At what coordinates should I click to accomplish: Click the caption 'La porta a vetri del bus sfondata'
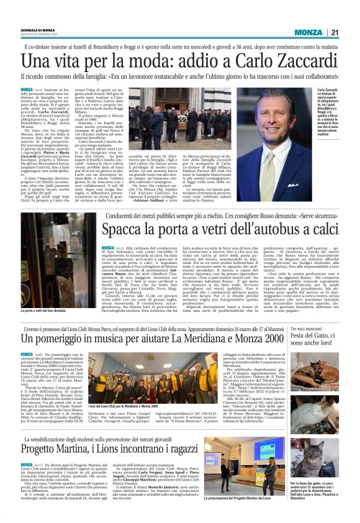[47, 327]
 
